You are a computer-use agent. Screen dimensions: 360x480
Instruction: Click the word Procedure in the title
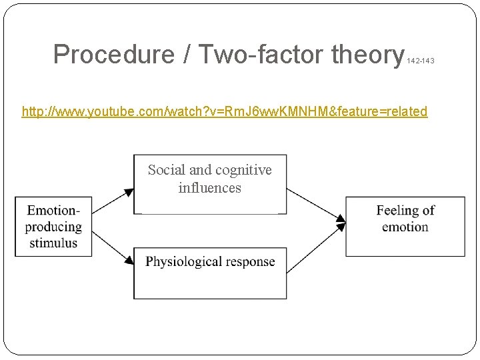tap(115, 55)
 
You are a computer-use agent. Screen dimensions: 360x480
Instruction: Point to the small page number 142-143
tap(420, 61)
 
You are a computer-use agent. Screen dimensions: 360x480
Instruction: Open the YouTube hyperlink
tap(224, 111)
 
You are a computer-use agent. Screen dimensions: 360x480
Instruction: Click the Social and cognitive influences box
tap(210, 184)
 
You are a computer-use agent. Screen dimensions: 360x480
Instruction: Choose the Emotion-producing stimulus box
tap(53, 227)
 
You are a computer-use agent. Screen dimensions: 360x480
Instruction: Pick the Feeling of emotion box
tap(405, 227)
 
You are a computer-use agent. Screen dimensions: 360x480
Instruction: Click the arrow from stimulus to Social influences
tap(112, 202)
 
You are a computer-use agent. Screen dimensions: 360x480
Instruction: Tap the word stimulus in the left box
tap(53, 243)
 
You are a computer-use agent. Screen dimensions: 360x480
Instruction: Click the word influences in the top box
tap(209, 188)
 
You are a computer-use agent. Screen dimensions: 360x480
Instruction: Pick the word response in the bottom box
tap(250, 261)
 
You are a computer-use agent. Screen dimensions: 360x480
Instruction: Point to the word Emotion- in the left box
tap(53, 211)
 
